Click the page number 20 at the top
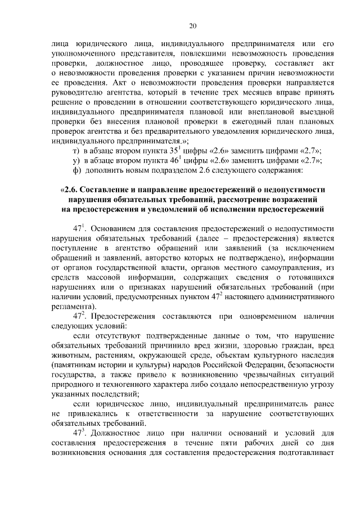pyautogui.click(x=192, y=26)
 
